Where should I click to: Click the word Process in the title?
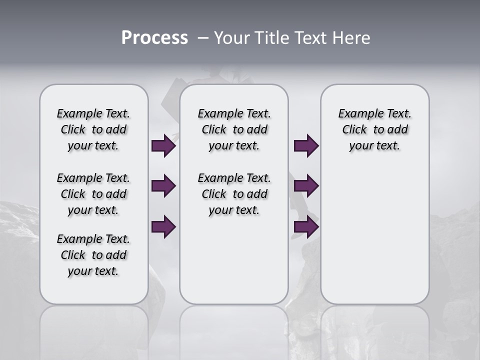(x=154, y=38)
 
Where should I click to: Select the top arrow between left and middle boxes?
(x=163, y=146)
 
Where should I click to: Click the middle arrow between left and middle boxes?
(x=163, y=186)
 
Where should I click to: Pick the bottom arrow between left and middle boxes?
(x=163, y=227)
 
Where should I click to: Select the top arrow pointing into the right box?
(x=306, y=146)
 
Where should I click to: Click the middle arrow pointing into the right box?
(x=306, y=186)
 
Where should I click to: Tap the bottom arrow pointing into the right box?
(x=306, y=227)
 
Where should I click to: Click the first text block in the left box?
(x=93, y=129)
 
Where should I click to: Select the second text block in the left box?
(x=93, y=194)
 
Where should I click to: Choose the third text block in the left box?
(x=93, y=255)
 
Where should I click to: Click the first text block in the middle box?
(x=234, y=129)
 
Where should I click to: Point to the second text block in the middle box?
(x=234, y=194)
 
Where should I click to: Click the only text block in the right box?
(x=374, y=129)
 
